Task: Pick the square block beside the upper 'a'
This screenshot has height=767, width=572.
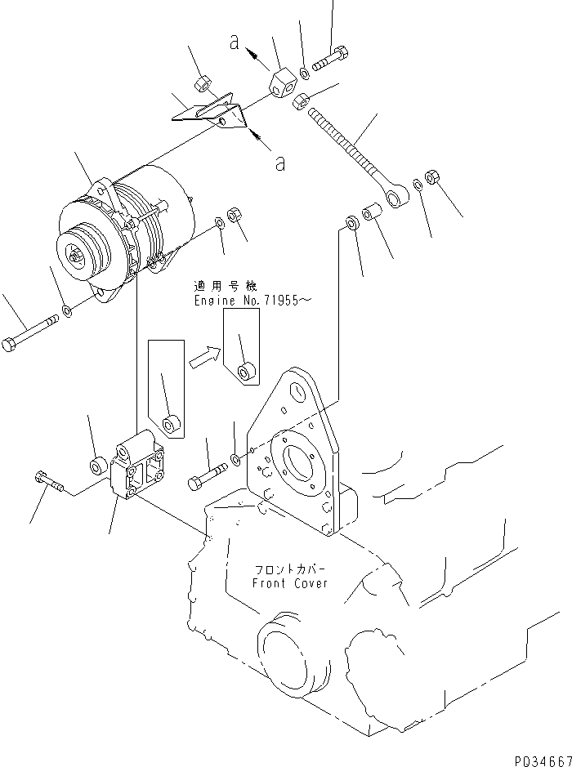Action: (x=282, y=83)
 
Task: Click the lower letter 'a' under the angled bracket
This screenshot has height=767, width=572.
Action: (x=280, y=163)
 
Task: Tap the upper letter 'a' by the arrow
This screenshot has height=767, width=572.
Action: (x=235, y=45)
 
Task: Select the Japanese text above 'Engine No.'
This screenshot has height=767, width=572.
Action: (x=225, y=286)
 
